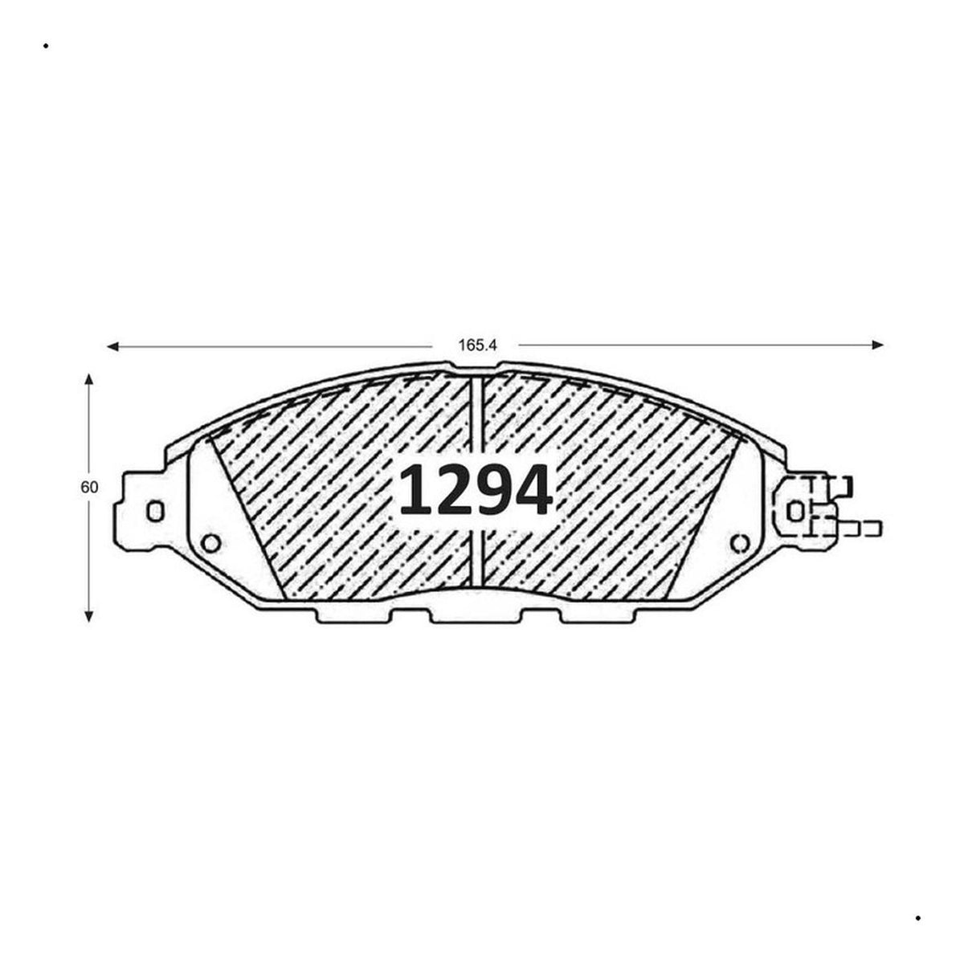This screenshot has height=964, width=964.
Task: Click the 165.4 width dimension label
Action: (478, 345)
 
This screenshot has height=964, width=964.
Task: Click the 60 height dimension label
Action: (89, 487)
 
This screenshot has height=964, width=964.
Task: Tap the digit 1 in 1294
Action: (415, 490)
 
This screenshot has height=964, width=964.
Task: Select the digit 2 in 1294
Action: (453, 490)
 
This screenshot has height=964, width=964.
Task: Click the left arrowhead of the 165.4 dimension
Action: (112, 346)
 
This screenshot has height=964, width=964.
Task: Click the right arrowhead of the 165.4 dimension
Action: (878, 344)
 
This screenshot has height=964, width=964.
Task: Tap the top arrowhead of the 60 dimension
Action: (89, 378)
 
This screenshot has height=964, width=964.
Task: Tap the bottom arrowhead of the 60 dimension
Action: (89, 616)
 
